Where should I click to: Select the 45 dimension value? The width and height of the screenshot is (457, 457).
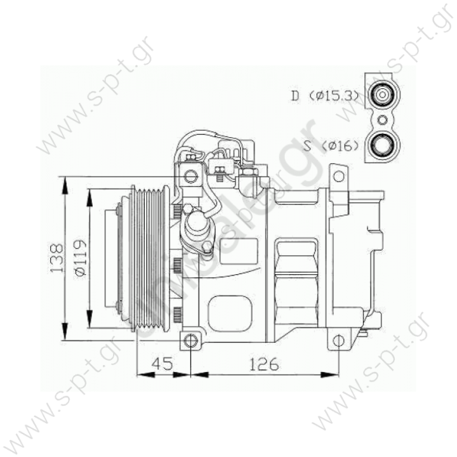163,366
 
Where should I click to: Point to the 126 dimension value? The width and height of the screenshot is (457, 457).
263,366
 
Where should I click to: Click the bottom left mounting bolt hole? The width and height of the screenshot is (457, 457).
190,341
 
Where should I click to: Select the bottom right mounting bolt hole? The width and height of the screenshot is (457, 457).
340,341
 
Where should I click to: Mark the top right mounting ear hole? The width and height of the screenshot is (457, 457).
340,173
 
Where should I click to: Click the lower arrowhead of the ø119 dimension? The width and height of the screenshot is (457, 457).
88,322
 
